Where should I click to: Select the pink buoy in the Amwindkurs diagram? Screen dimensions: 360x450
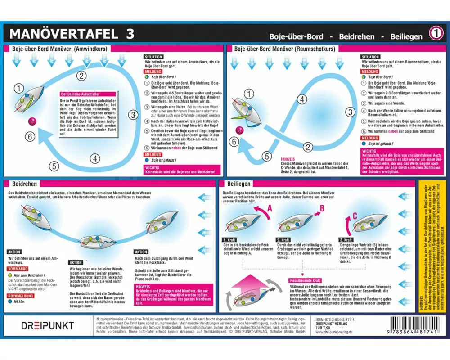coord(31,120)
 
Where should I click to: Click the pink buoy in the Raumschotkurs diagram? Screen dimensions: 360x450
coord(240,130)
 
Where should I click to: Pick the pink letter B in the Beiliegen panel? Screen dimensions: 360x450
coord(322,208)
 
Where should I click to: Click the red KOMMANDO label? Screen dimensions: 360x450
coord(19,268)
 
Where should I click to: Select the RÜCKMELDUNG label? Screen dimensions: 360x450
coord(22,297)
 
